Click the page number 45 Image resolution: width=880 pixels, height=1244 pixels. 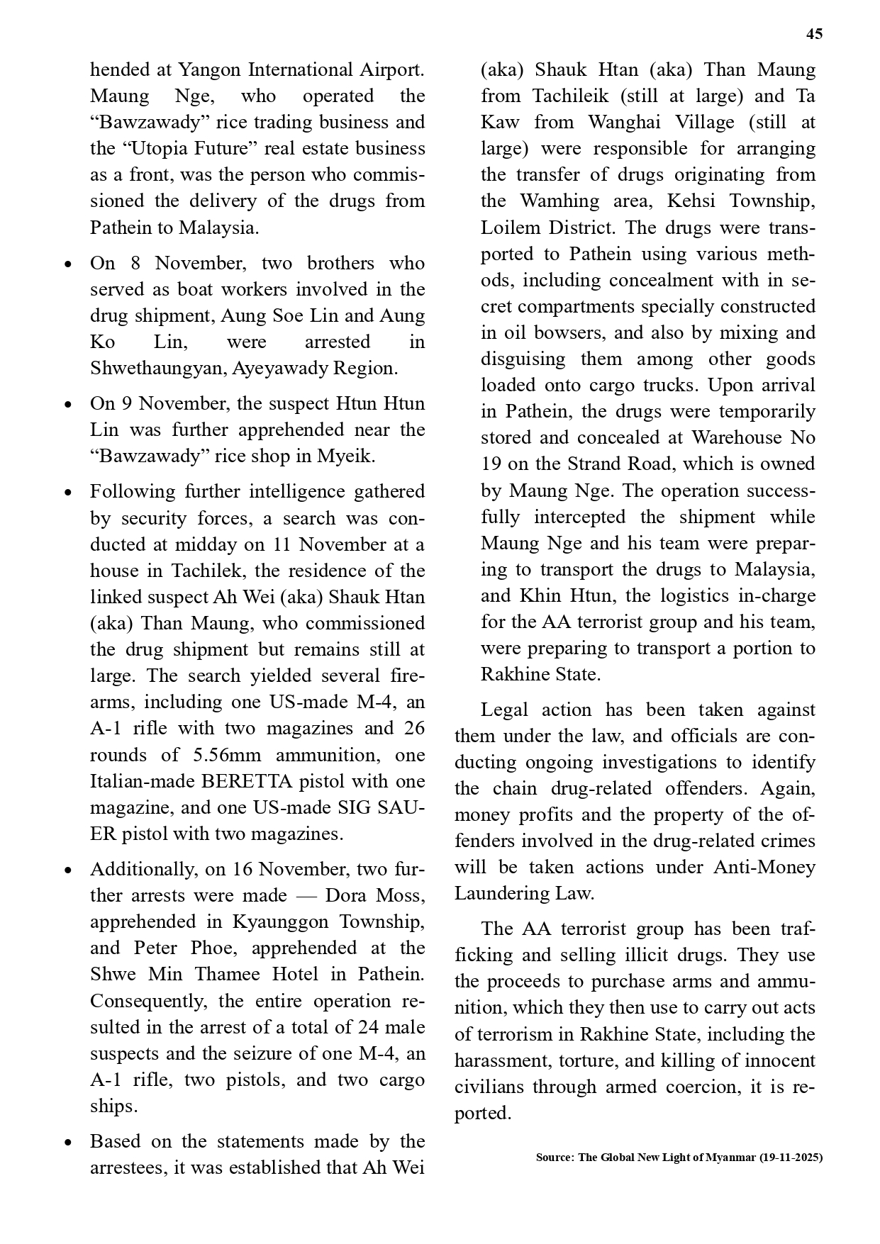pyautogui.click(x=815, y=34)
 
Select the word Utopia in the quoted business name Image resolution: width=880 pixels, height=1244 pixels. pyautogui.click(x=155, y=148)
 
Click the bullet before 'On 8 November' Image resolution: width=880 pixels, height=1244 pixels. pyautogui.click(x=67, y=264)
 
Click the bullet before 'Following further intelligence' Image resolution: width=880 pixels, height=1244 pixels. pyautogui.click(x=67, y=492)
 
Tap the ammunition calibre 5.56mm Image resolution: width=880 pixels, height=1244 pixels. pyautogui.click(x=228, y=755)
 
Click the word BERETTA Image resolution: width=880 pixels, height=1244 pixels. pyautogui.click(x=247, y=781)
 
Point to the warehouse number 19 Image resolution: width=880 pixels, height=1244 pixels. pyautogui.click(x=491, y=464)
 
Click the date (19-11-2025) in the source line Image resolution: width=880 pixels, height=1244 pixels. pyautogui.click(x=791, y=1157)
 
